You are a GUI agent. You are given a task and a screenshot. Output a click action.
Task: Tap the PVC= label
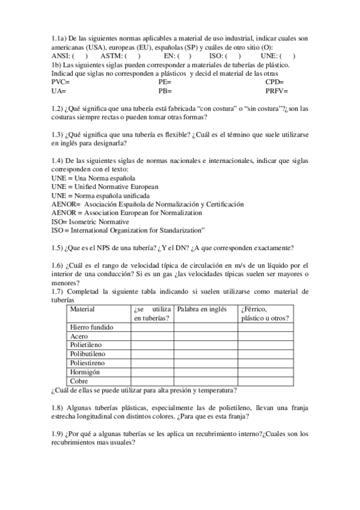(61, 82)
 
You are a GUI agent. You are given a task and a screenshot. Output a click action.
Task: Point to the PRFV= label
(276, 91)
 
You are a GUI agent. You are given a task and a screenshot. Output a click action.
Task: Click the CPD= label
(275, 82)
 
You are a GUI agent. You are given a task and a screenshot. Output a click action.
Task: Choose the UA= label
(59, 91)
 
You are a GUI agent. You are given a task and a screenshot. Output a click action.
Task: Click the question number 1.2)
(58, 108)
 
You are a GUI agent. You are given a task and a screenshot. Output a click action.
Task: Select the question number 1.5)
(58, 247)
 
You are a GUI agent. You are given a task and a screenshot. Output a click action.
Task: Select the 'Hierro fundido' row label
(91, 327)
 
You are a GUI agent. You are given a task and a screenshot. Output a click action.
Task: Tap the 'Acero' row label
(79, 336)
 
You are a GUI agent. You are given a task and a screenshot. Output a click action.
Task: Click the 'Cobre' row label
(79, 381)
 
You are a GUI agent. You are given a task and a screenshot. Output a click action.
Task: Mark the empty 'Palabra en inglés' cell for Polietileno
(205, 345)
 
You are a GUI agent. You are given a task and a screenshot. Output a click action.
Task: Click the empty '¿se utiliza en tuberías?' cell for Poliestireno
(152, 363)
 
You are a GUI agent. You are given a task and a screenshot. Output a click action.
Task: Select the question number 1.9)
(58, 434)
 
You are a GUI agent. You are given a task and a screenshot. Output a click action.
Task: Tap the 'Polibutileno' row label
(88, 354)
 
